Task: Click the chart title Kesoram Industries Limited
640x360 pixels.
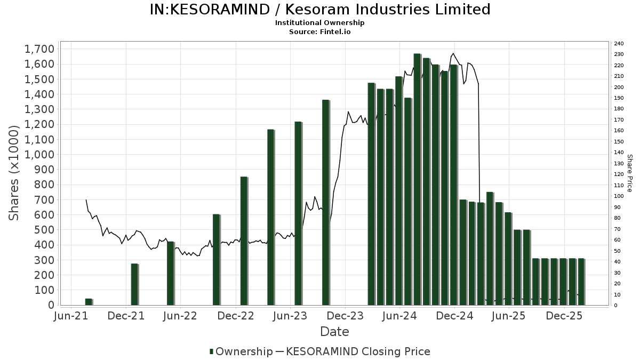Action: click(319, 10)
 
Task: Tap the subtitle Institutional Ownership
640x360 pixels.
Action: click(319, 23)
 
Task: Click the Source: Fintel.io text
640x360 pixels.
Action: click(319, 32)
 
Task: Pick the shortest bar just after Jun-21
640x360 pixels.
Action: click(89, 302)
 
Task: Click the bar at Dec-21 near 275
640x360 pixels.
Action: click(134, 284)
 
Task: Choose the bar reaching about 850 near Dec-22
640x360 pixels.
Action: click(244, 241)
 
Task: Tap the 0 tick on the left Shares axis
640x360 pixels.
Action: click(51, 305)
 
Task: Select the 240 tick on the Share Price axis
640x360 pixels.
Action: click(619, 44)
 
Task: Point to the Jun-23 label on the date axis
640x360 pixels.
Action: click(290, 316)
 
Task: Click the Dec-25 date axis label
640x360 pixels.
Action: click(564, 316)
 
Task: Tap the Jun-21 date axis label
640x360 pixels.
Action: click(71, 316)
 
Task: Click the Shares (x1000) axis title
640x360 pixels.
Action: click(15, 173)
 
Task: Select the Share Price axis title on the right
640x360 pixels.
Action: click(629, 173)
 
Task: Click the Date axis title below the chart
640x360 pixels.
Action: click(334, 332)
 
